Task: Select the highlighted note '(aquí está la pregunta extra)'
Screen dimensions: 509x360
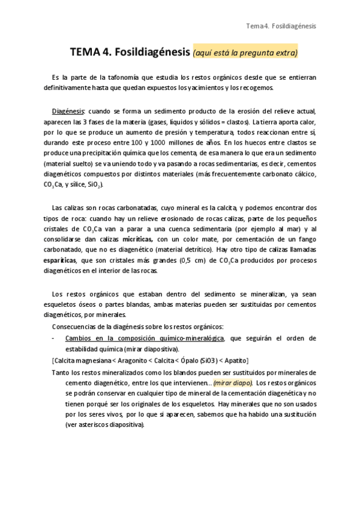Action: (245, 53)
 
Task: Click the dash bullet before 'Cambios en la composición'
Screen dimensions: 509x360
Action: (55, 338)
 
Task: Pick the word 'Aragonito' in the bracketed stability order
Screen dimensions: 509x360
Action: (128, 360)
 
